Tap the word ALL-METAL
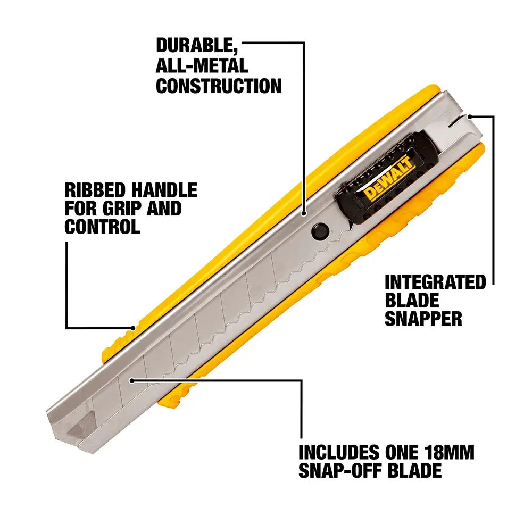pyautogui.click(x=202, y=65)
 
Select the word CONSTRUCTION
pyautogui.click(x=219, y=86)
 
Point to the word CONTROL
pyautogui.click(x=102, y=227)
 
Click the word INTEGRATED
pyautogui.click(x=435, y=282)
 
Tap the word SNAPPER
pyautogui.click(x=423, y=319)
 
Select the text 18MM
pyautogui.click(x=447, y=453)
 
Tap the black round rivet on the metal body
pyautogui.click(x=319, y=230)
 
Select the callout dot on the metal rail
pyautogui.click(x=305, y=214)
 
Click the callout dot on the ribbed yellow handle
pyautogui.click(x=134, y=328)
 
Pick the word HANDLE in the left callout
pyautogui.click(x=165, y=190)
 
